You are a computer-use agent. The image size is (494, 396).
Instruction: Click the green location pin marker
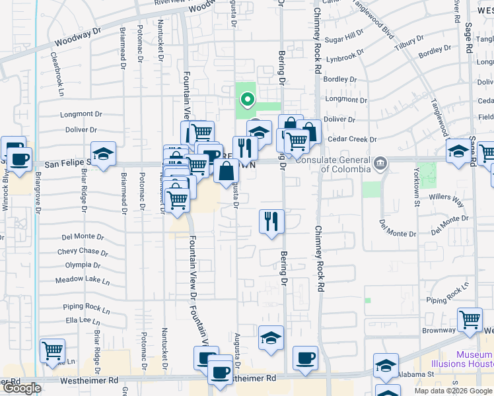248,100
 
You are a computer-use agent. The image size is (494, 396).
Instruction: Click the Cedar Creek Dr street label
352,140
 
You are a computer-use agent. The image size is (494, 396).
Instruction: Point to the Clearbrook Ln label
61,66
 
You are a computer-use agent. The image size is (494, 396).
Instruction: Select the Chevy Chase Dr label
83,251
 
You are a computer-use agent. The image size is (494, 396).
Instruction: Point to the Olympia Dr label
83,265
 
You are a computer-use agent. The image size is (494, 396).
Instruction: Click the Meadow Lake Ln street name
83,280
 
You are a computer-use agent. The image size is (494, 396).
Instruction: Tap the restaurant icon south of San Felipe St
271,221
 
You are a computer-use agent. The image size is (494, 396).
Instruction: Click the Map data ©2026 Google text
453,391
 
